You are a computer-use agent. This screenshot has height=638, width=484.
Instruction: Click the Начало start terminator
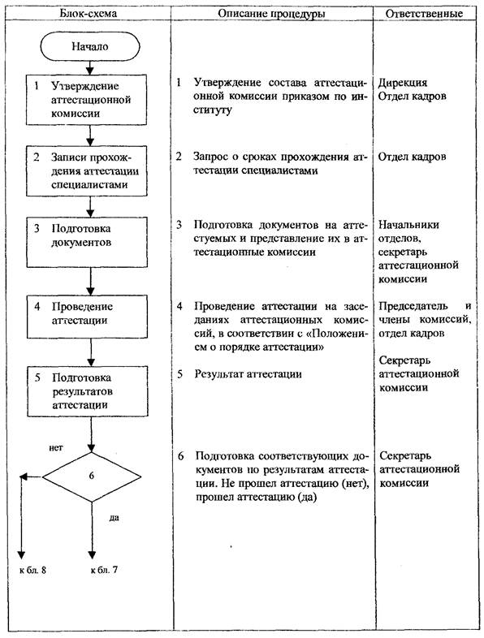pyautogui.click(x=90, y=46)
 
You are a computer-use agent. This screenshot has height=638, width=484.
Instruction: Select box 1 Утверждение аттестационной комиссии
pyautogui.click(x=86, y=100)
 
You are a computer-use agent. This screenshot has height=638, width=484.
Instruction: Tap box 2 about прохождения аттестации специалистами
pyautogui.click(x=87, y=171)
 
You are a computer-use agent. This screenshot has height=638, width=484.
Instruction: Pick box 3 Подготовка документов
pyautogui.click(x=87, y=242)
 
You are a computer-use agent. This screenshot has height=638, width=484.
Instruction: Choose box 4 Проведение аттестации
pyautogui.click(x=88, y=317)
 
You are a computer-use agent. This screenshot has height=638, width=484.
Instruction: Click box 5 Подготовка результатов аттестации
pyautogui.click(x=88, y=391)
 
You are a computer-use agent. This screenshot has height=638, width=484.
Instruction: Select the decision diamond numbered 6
pyautogui.click(x=92, y=476)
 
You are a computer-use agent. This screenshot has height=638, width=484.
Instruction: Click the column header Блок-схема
pyautogui.click(x=88, y=14)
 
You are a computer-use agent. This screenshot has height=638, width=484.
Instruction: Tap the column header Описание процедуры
pyautogui.click(x=271, y=14)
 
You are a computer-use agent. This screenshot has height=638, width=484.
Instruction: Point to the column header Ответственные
pyautogui.click(x=424, y=14)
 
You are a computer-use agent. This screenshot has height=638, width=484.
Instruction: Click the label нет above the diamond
pyautogui.click(x=56, y=448)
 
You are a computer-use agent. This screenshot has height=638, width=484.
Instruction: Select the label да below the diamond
pyautogui.click(x=115, y=518)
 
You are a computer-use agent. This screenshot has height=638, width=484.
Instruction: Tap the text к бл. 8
pyautogui.click(x=33, y=570)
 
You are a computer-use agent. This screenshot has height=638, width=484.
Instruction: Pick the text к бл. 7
pyautogui.click(x=104, y=570)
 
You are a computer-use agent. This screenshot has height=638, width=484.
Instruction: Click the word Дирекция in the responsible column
pyautogui.click(x=403, y=83)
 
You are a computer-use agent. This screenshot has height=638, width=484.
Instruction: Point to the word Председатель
pyautogui.click(x=413, y=306)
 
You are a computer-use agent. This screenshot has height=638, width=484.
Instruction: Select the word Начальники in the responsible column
pyautogui.click(x=408, y=225)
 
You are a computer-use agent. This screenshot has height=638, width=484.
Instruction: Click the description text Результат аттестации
pyautogui.click(x=248, y=374)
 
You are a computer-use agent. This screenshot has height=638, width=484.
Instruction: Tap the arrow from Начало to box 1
pyautogui.click(x=90, y=67)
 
